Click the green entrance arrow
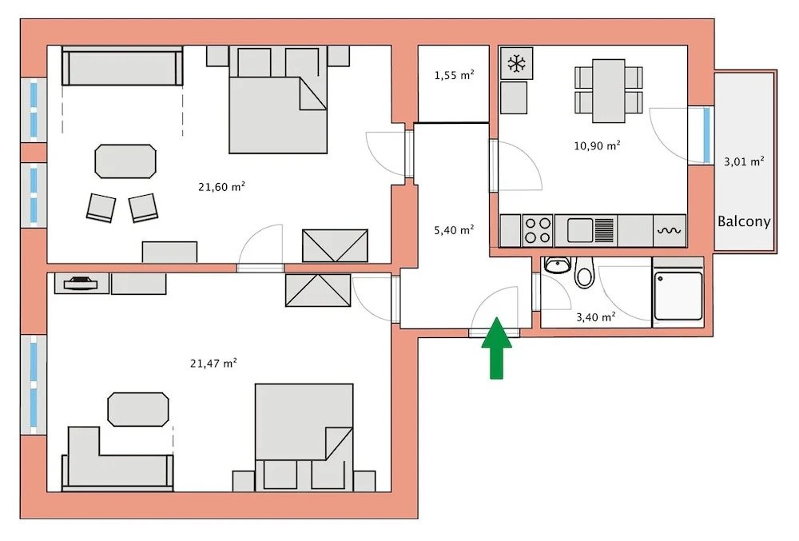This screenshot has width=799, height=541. [496, 348]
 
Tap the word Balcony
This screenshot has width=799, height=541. [744, 221]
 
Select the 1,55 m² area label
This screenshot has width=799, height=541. [454, 75]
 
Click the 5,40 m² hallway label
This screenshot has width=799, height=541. [454, 230]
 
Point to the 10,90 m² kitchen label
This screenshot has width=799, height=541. [597, 145]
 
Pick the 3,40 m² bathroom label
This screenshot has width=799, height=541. [596, 317]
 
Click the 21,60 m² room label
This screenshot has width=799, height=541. [221, 187]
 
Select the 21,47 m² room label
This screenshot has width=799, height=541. [213, 364]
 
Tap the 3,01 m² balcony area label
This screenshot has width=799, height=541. [744, 161]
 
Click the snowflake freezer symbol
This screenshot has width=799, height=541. [517, 64]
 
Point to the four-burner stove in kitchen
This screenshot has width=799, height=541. [538, 230]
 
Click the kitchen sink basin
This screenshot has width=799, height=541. [580, 230]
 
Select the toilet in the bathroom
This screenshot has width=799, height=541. [585, 272]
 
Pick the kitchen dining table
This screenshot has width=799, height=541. [608, 90]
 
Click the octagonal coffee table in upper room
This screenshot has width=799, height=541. [125, 161]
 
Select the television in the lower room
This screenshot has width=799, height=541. [81, 283]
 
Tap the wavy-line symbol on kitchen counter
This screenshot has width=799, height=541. [669, 231]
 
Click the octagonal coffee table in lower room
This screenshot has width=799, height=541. [138, 409]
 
